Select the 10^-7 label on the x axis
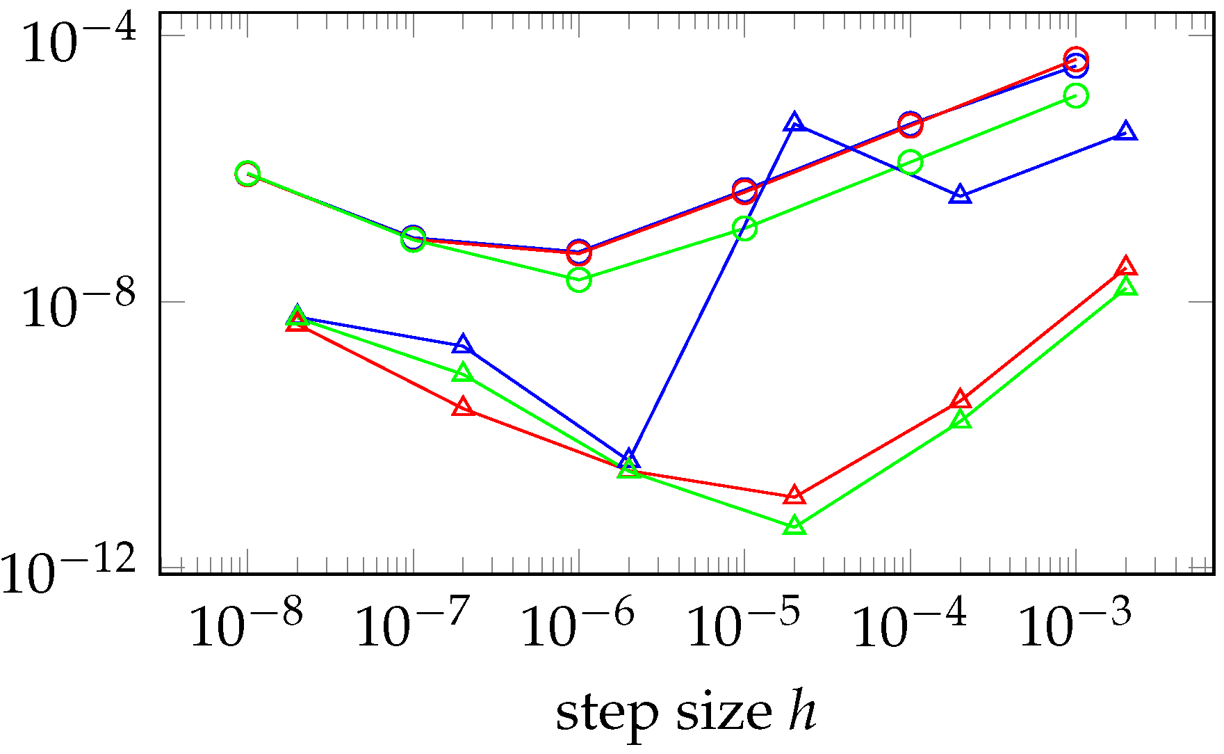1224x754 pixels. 413,625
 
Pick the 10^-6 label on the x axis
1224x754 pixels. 578,625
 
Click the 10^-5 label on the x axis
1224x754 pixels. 744,625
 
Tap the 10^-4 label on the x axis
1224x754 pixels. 909,625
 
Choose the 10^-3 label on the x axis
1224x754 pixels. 1075,625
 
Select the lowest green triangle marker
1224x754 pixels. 794,526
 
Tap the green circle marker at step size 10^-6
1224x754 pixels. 579,280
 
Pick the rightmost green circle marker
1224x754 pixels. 1076,95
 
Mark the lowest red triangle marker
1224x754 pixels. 794,496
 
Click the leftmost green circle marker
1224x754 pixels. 247,174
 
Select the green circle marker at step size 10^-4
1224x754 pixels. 911,162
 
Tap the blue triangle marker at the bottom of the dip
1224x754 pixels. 629,460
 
